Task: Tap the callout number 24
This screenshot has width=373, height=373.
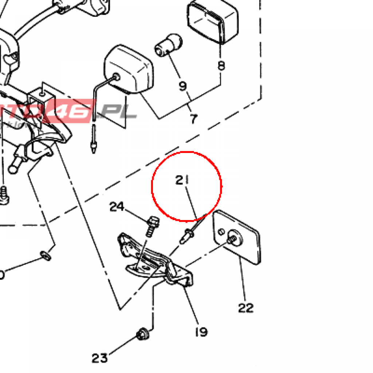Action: coord(117,207)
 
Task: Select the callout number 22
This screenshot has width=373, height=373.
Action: coord(246,308)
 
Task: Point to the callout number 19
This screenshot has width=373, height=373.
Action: coord(201,332)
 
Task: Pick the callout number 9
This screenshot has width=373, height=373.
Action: coord(182,86)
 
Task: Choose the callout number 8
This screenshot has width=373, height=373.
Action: coord(221,66)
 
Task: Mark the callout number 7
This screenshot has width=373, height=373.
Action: coord(193,119)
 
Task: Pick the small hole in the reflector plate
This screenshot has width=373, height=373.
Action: coord(220,232)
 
